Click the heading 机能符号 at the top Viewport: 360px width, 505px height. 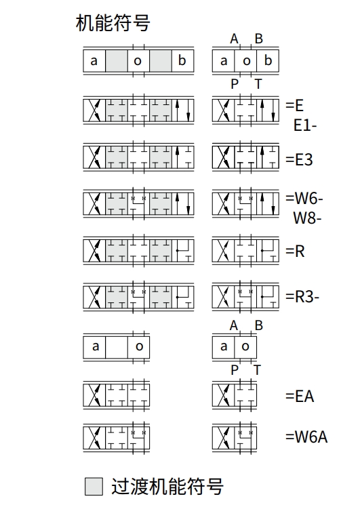(113, 23)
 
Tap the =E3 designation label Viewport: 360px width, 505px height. (299, 159)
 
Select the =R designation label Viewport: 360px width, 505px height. (295, 251)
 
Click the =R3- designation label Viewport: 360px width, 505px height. (302, 296)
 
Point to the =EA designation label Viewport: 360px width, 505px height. (300, 396)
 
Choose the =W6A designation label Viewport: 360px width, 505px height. (306, 437)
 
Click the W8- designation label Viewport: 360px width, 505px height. (307, 218)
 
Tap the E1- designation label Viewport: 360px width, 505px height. (305, 125)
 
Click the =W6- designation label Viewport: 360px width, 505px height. (304, 198)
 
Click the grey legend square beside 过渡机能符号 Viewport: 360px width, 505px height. (94, 486)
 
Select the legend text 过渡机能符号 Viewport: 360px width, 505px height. (167, 486)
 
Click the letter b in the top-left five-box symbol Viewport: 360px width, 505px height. (182, 60)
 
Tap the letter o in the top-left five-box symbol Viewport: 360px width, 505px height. (138, 61)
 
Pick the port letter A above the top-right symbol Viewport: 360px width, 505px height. (234, 39)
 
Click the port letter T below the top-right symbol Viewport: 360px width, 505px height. (258, 84)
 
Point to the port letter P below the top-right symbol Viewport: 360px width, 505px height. (235, 84)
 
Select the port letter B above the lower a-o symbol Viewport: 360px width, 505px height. (258, 325)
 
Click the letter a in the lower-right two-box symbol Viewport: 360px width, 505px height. (224, 346)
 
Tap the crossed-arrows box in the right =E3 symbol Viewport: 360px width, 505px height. (223, 157)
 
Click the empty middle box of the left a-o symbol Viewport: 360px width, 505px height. (117, 347)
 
